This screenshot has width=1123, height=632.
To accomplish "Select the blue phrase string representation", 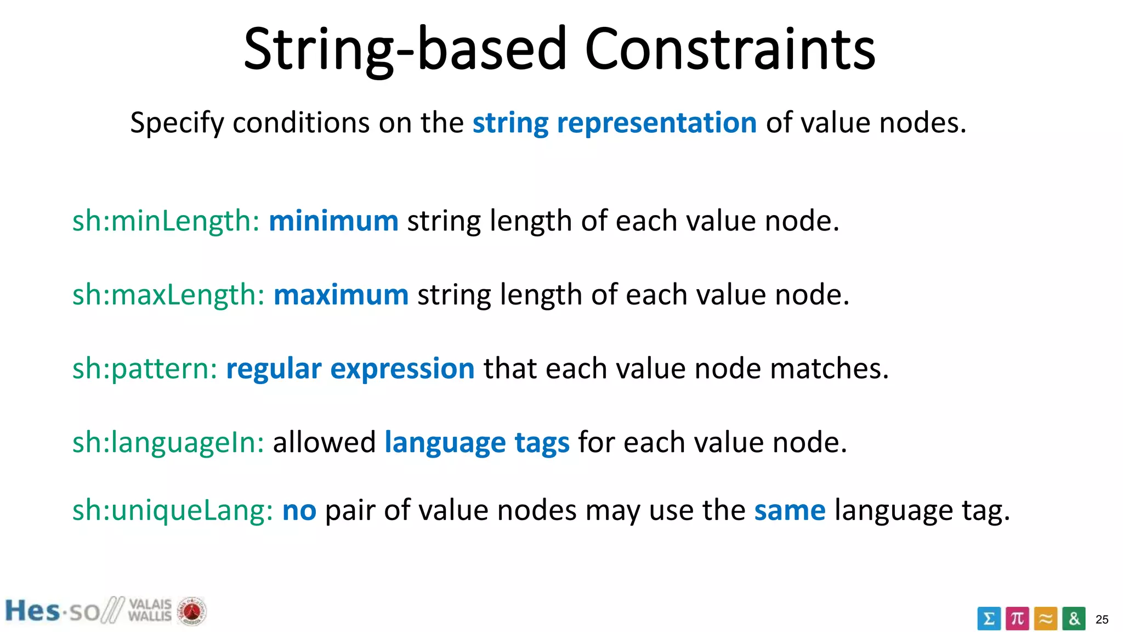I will (x=614, y=122).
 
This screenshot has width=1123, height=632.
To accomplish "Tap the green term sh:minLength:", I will (x=166, y=221).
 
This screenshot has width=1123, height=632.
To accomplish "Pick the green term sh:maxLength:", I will (x=168, y=295).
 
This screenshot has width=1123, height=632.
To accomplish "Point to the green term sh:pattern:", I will (x=145, y=369).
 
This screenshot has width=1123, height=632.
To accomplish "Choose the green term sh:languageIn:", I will (x=168, y=442).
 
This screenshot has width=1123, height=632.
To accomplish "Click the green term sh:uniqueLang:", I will (x=172, y=510).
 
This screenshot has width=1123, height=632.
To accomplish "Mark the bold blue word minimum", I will (x=333, y=221).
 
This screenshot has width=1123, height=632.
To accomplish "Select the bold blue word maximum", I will (x=341, y=295).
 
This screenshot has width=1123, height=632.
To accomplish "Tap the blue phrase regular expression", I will (x=350, y=368).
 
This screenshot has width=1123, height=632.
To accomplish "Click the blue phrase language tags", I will (x=477, y=442).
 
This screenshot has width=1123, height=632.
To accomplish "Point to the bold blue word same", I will (x=789, y=510).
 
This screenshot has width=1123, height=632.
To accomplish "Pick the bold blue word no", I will (x=299, y=510).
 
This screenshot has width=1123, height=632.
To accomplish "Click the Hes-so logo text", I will (x=52, y=611).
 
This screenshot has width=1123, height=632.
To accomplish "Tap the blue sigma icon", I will (x=988, y=619).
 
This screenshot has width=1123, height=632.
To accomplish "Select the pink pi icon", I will (x=1017, y=619).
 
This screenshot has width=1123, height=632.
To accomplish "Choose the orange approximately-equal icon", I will (x=1046, y=619).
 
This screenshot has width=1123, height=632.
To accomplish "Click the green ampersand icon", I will (x=1074, y=619).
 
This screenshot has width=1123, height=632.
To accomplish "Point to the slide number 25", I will (x=1102, y=619).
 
